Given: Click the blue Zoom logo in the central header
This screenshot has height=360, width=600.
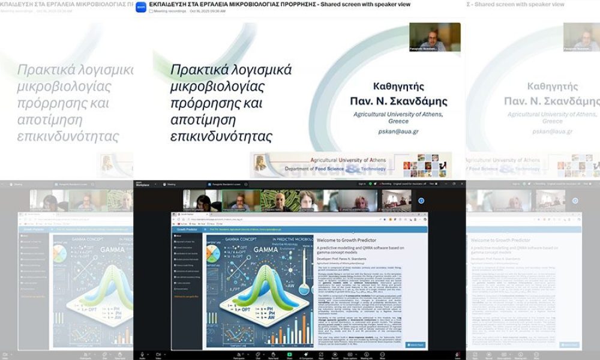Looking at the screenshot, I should coord(141,7).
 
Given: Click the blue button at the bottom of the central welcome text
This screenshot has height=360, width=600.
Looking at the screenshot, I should coord(415,345).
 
